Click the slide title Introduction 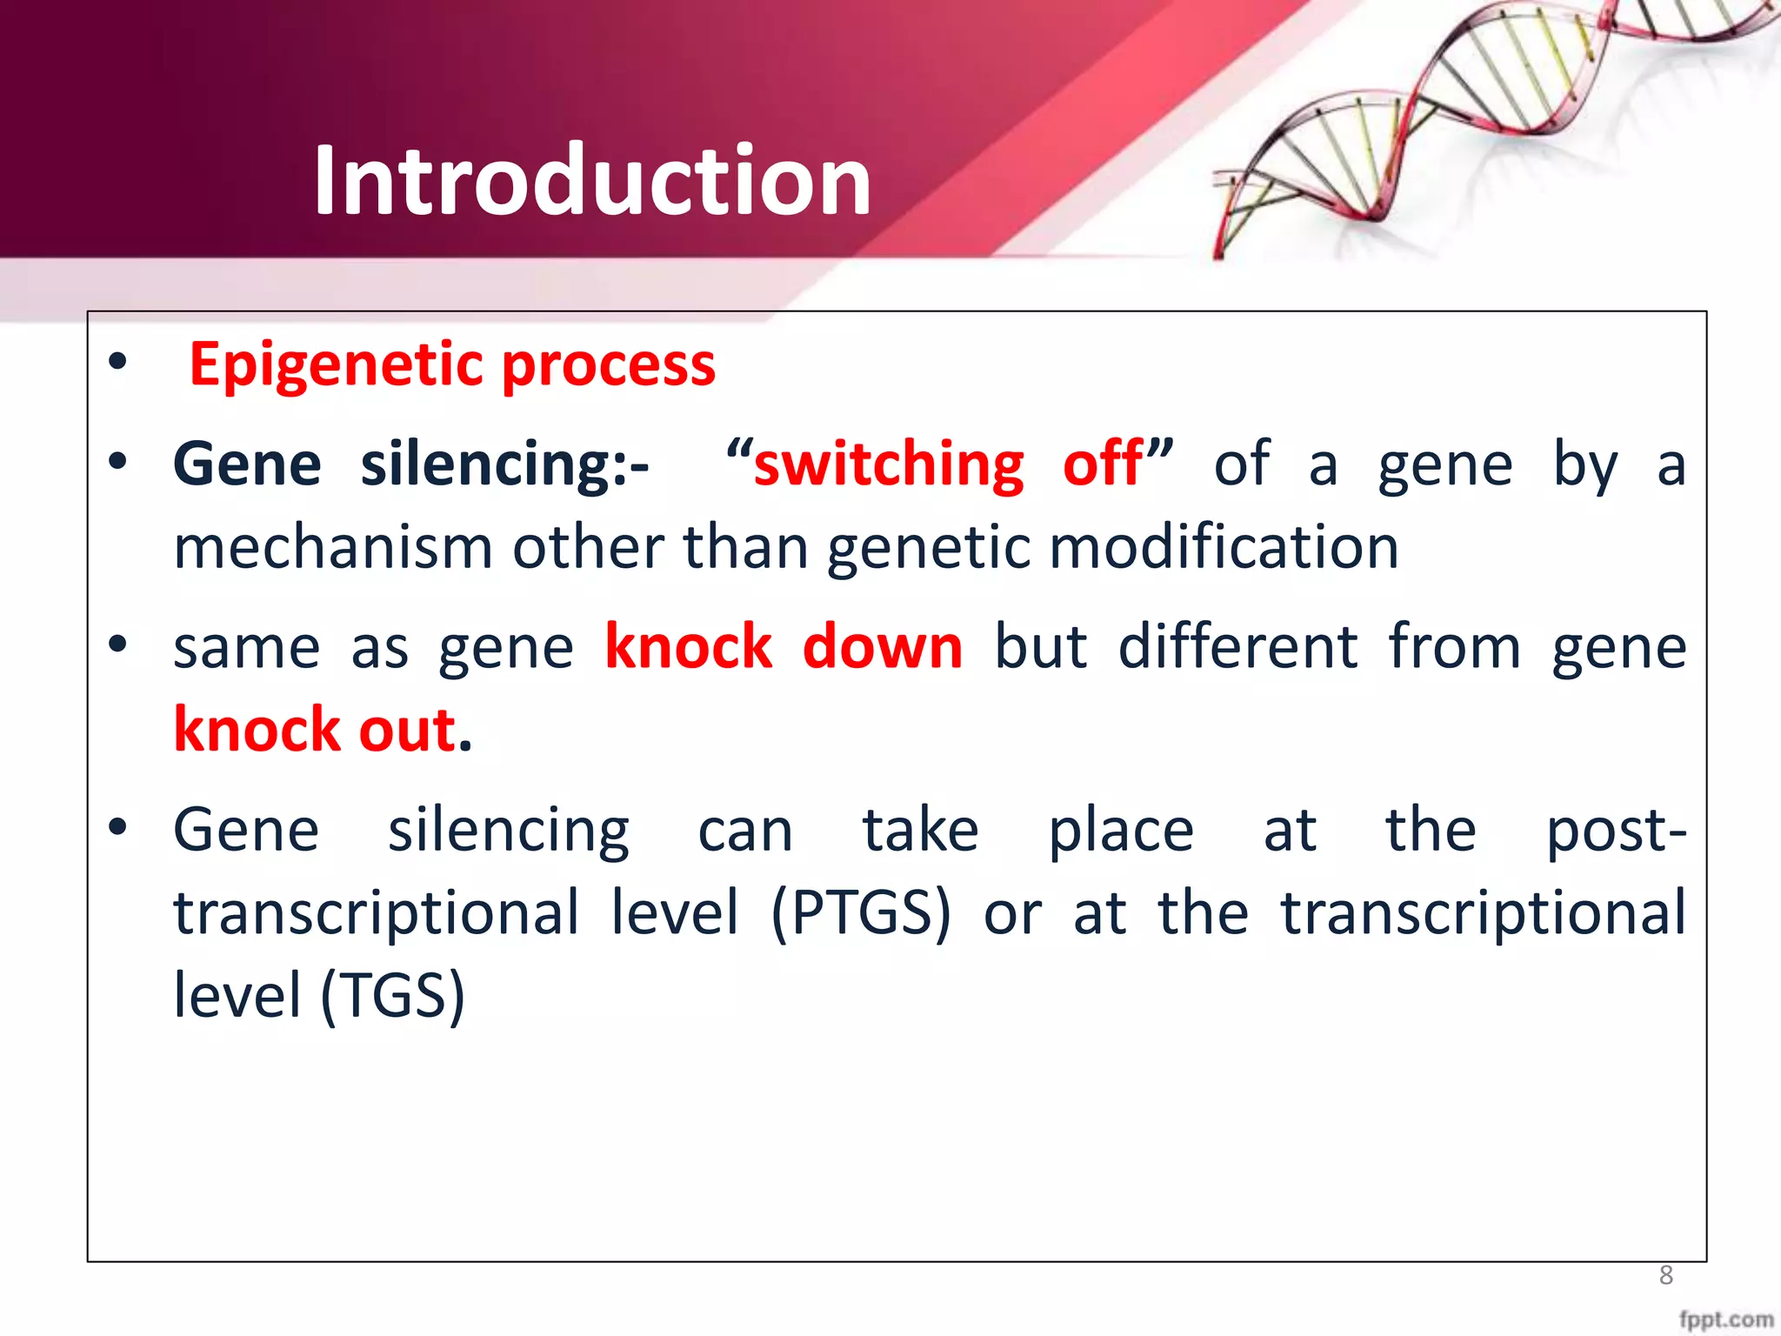pyautogui.click(x=592, y=180)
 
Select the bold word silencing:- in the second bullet pyautogui.click(x=504, y=465)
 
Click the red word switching pyautogui.click(x=889, y=464)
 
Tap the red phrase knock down pyautogui.click(x=784, y=647)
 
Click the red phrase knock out pyautogui.click(x=315, y=730)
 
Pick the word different pyautogui.click(x=1237, y=647)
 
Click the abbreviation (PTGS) pyautogui.click(x=861, y=912)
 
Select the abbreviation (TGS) pyautogui.click(x=393, y=995)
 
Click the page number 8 pyautogui.click(x=1665, y=1275)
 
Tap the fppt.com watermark pyautogui.click(x=1725, y=1319)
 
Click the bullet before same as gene pyautogui.click(x=117, y=645)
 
